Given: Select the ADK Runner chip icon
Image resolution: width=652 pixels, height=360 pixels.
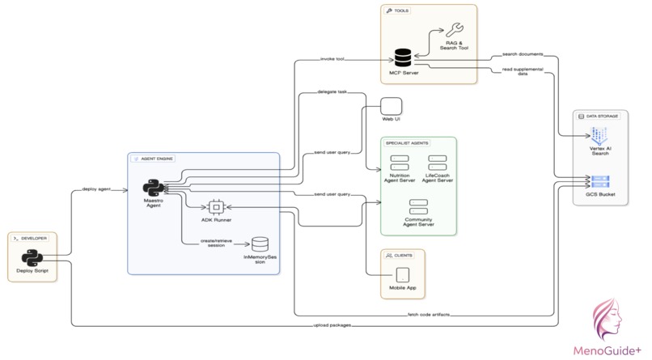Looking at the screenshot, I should pyautogui.click(x=216, y=206).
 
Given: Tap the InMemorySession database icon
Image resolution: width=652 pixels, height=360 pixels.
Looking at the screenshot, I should pyautogui.click(x=260, y=244).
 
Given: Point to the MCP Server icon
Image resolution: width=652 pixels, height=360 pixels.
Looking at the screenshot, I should pyautogui.click(x=403, y=58).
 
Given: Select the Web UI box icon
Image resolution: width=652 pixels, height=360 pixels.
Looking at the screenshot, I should pyautogui.click(x=392, y=106).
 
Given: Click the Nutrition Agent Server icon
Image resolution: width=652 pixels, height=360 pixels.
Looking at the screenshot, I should pyautogui.click(x=401, y=162).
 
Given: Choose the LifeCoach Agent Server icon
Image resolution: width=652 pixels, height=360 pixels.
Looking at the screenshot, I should pyautogui.click(x=438, y=162).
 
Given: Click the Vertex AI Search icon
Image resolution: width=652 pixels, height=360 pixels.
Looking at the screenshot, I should pyautogui.click(x=600, y=134).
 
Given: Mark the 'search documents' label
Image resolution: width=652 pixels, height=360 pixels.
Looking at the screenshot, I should pyautogui.click(x=523, y=54).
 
